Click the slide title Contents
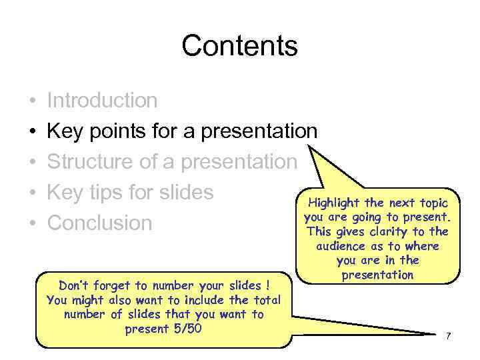(239, 46)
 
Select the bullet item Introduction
(102, 101)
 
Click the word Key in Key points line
(65, 131)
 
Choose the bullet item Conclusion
(99, 223)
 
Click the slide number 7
(448, 335)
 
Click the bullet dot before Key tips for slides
(32, 193)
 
